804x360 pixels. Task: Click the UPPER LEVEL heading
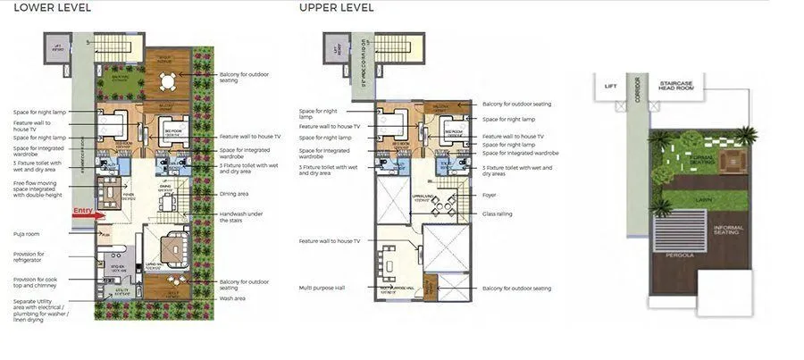pyautogui.click(x=337, y=8)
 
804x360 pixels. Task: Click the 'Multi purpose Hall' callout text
pyautogui.click(x=321, y=288)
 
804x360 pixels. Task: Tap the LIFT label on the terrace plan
pyautogui.click(x=610, y=87)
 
